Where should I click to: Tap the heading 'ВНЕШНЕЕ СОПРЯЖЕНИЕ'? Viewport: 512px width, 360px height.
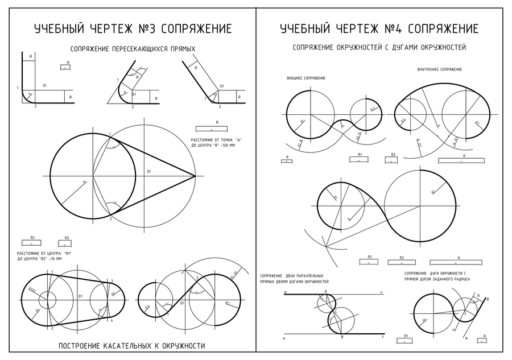[306, 78]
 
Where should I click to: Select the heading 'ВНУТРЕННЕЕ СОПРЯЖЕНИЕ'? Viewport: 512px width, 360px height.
[439, 69]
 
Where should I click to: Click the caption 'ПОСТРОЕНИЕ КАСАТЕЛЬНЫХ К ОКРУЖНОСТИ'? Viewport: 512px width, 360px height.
[131, 346]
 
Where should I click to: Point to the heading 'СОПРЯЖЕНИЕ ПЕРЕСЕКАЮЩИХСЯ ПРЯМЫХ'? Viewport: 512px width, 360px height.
[133, 49]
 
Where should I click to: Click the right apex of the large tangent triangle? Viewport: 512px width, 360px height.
[195, 176]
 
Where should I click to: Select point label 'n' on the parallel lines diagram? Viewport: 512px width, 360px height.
[382, 292]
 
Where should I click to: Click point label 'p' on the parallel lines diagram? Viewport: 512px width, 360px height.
[284, 338]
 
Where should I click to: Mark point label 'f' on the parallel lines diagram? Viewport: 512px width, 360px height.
[382, 338]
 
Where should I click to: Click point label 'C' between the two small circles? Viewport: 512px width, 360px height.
[336, 312]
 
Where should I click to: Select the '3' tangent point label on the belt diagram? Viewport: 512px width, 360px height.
[112, 280]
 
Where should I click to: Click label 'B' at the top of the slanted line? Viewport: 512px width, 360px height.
[488, 299]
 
